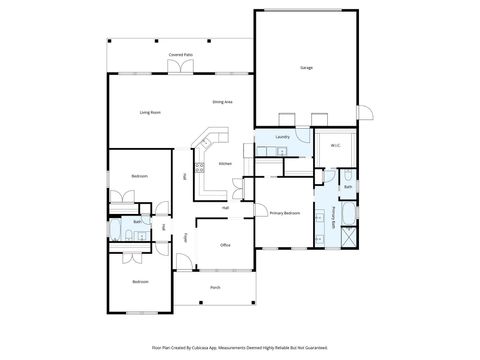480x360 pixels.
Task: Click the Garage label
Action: (x=305, y=68)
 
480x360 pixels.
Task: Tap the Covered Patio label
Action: (x=181, y=55)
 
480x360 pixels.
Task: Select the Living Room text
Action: (x=150, y=112)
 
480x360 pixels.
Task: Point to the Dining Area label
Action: (x=222, y=102)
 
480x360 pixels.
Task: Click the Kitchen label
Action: (x=225, y=163)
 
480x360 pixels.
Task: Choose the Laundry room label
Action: (x=282, y=136)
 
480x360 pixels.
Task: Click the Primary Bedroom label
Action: (x=285, y=213)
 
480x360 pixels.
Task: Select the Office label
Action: (x=226, y=244)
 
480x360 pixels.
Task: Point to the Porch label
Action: (x=215, y=287)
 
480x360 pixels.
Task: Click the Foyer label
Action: (x=185, y=238)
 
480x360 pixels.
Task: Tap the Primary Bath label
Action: (x=333, y=217)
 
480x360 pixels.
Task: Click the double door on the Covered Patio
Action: (x=181, y=67)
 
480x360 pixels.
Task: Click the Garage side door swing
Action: (x=365, y=113)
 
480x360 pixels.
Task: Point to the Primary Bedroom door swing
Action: (x=259, y=201)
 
